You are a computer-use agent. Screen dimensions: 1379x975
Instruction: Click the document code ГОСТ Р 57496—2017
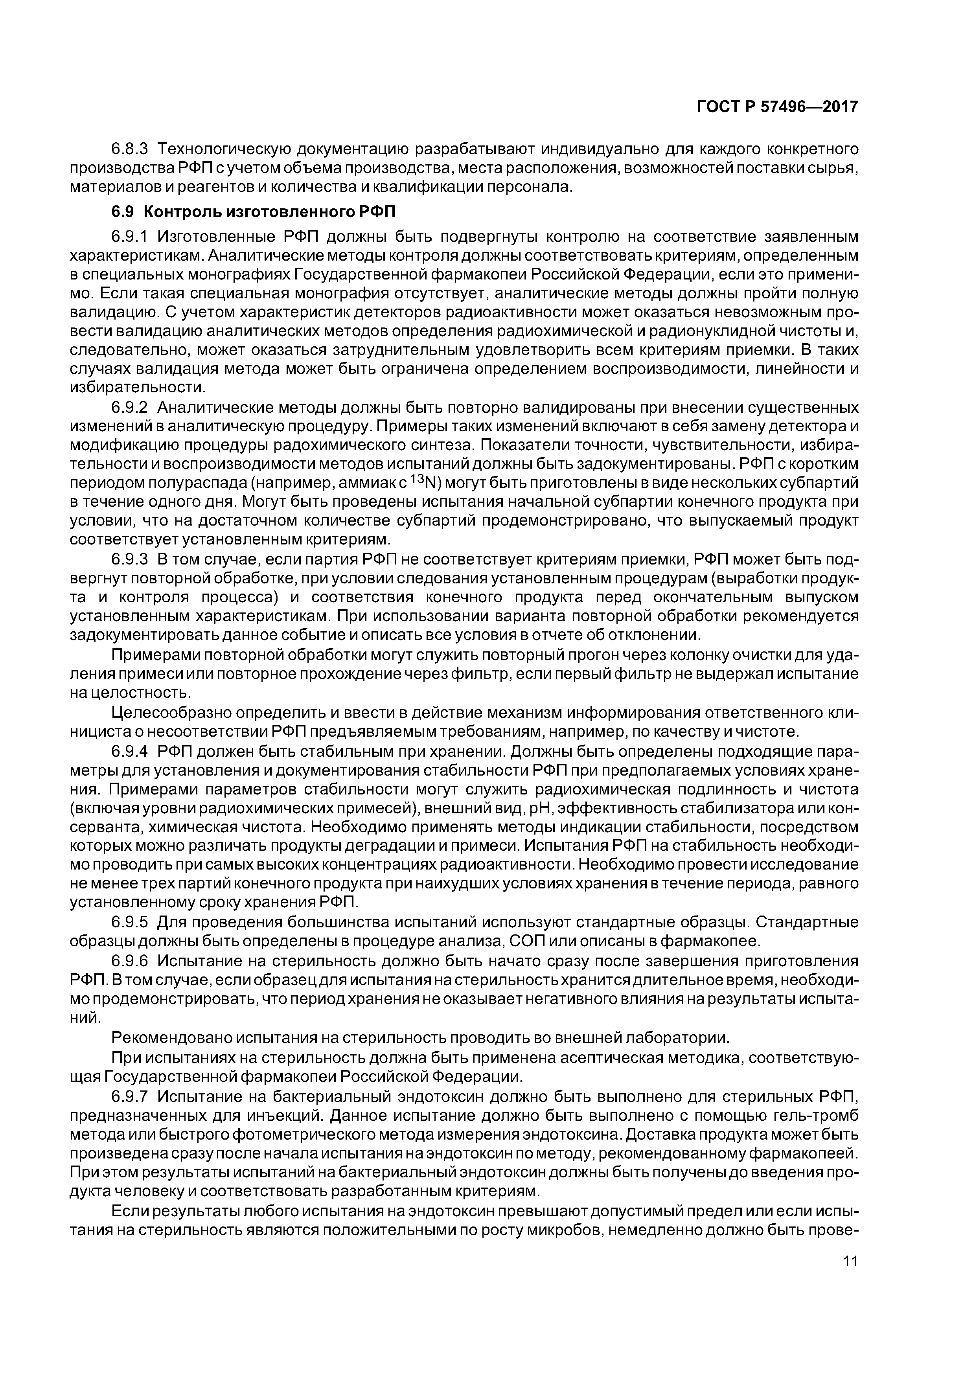pos(777,107)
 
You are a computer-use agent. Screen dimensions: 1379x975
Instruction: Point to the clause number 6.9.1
pos(130,235)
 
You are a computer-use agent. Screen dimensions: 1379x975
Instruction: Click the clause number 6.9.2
pos(130,408)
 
